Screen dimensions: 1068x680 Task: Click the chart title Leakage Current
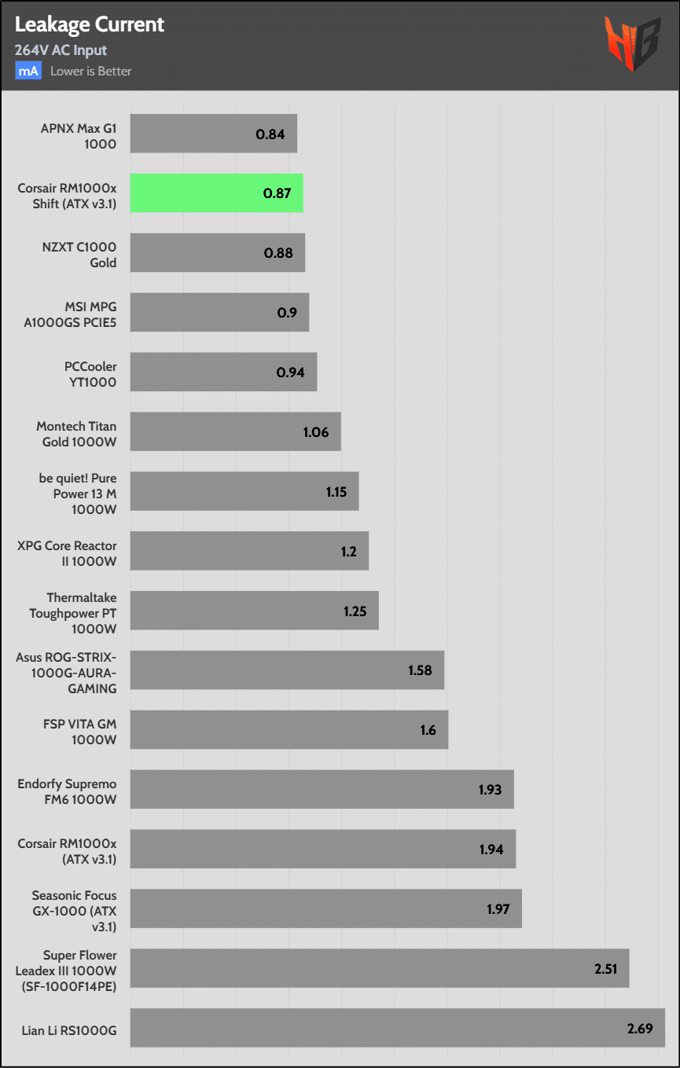coord(90,24)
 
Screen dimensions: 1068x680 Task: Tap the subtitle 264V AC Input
coord(61,50)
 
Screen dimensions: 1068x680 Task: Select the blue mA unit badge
coord(28,71)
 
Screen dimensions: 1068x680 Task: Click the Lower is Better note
coord(91,71)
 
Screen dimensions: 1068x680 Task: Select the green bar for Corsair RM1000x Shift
coord(216,193)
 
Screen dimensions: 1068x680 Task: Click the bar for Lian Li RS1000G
coord(397,1028)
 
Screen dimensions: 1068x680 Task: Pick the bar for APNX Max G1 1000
coord(213,134)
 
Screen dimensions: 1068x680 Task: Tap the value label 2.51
coord(605,968)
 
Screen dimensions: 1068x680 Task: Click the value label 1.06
coord(316,431)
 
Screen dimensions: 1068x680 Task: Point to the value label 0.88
coord(280,253)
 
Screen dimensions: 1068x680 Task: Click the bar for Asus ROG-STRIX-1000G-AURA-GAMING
coord(287,670)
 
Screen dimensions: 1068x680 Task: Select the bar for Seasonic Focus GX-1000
coord(325,908)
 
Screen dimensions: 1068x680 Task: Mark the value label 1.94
coord(491,849)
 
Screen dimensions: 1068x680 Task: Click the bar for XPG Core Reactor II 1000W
coord(249,551)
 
